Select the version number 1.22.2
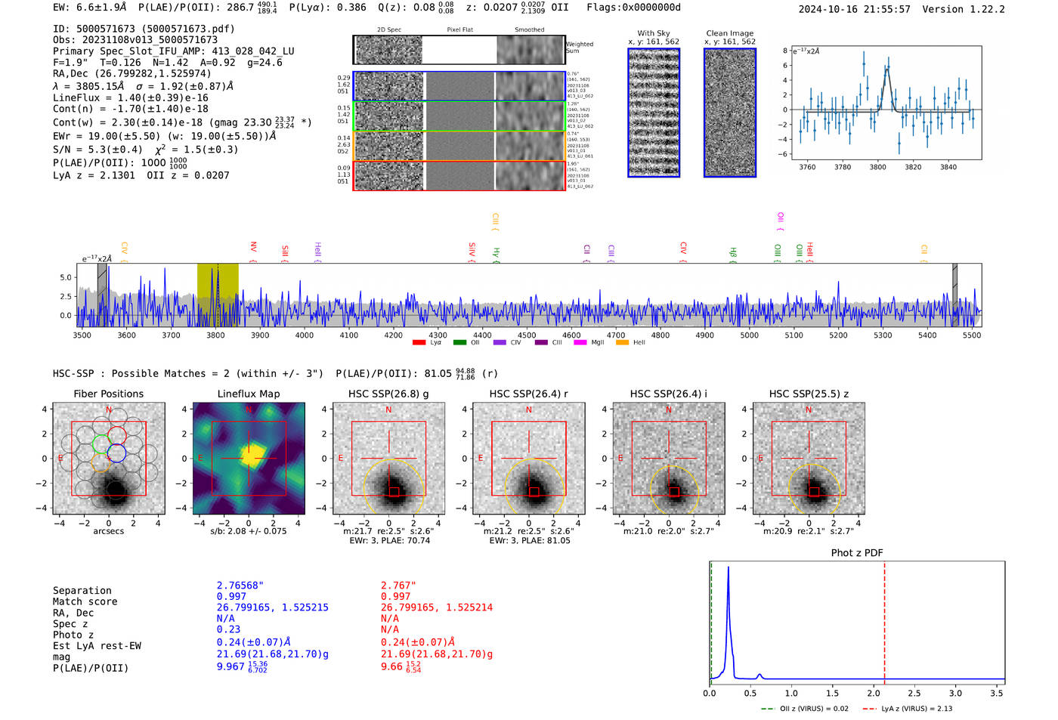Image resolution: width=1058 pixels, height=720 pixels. pyautogui.click(x=987, y=9)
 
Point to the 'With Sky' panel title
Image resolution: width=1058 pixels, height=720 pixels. pyautogui.click(x=653, y=33)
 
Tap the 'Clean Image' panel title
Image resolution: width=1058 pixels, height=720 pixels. pyautogui.click(x=729, y=33)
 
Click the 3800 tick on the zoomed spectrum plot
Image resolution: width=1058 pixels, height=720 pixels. pyautogui.click(x=877, y=167)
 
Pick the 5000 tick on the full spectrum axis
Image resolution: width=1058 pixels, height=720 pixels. pyautogui.click(x=749, y=335)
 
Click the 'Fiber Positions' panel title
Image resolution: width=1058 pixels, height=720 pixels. pyautogui.click(x=108, y=394)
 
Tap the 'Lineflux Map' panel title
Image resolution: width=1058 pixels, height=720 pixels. pyautogui.click(x=249, y=394)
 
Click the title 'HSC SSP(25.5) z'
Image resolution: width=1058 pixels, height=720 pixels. pyautogui.click(x=809, y=394)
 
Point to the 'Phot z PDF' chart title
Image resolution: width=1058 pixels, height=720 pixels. pyautogui.click(x=857, y=553)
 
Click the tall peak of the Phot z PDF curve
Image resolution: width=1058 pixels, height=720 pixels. pyautogui.click(x=728, y=568)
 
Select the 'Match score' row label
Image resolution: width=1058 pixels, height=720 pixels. pyautogui.click(x=85, y=601)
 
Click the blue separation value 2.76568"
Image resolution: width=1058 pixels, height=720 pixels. pyautogui.click(x=240, y=586)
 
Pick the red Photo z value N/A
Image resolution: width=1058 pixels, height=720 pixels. pyautogui.click(x=389, y=629)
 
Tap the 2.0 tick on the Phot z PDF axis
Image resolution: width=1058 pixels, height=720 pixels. pyautogui.click(x=873, y=693)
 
